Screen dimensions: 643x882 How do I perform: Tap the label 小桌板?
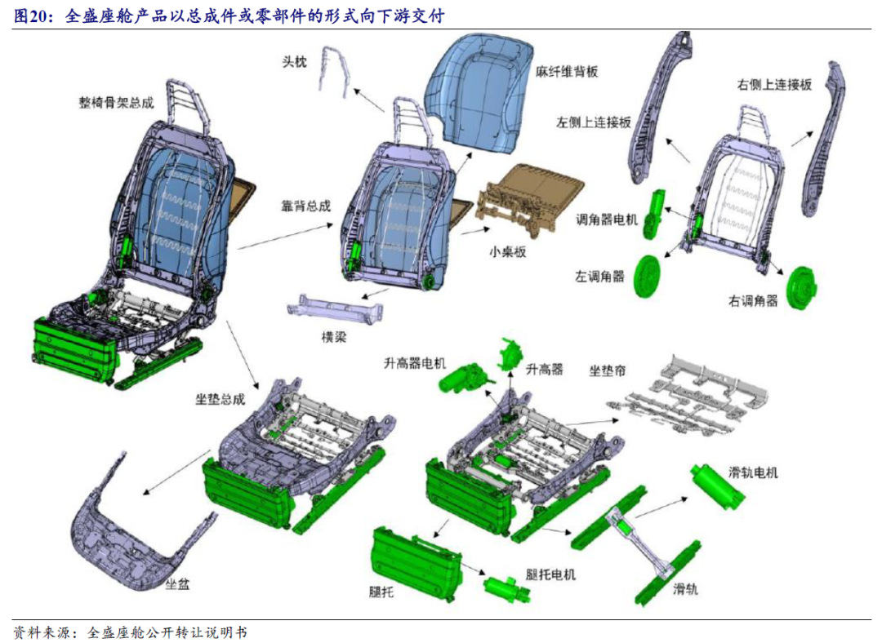point(507,251)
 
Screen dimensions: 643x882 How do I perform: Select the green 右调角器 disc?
point(802,288)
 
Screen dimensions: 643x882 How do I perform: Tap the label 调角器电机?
point(606,219)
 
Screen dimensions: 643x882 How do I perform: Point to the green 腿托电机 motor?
point(502,587)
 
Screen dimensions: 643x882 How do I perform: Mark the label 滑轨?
point(686,588)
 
